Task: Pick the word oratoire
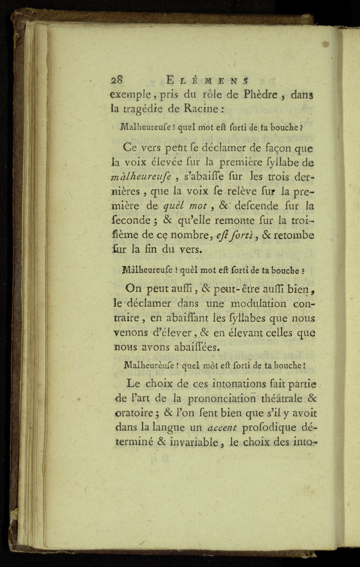[136, 413]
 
